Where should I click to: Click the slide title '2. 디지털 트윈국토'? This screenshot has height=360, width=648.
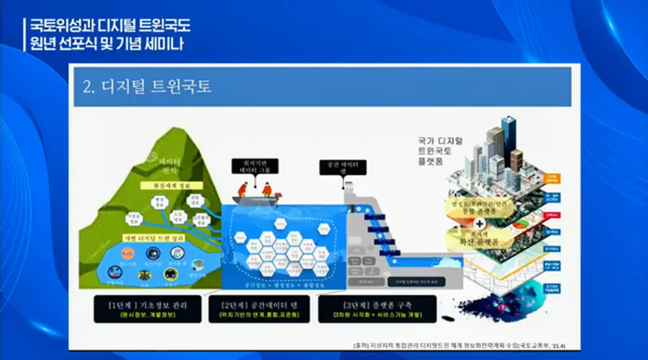click(148, 87)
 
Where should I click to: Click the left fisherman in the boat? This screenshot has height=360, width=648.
click(242, 189)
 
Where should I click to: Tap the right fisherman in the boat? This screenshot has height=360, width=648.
click(266, 189)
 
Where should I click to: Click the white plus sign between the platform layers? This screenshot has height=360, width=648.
click(480, 224)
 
